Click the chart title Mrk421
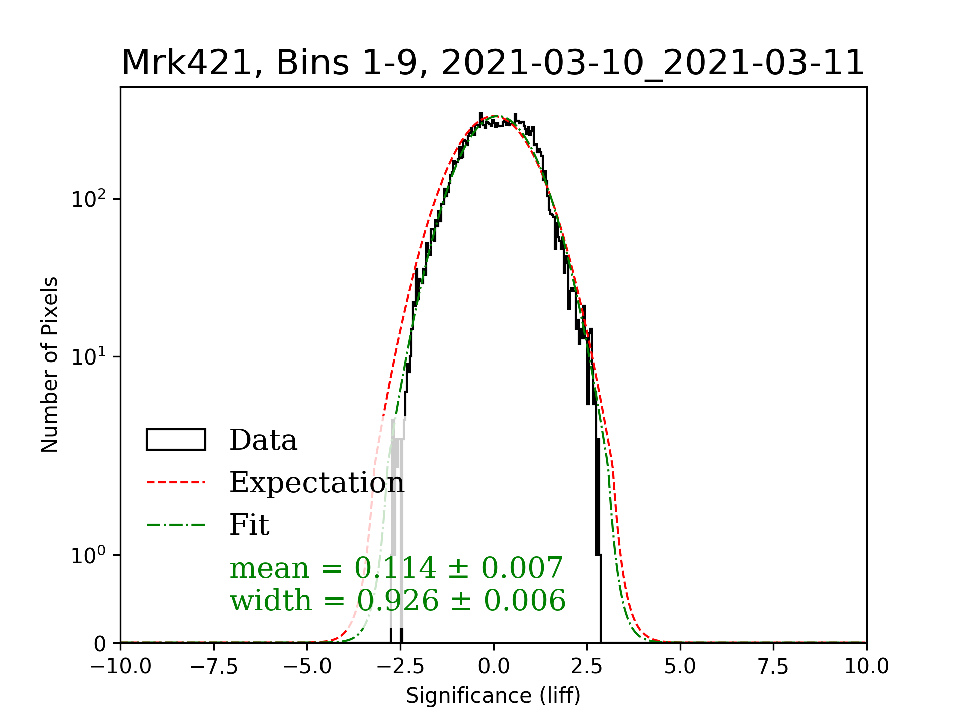[493, 63]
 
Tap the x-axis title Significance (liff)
[493, 696]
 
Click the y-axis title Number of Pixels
[50, 365]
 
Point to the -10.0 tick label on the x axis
[121, 667]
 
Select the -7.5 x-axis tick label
[214, 667]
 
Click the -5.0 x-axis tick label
[307, 667]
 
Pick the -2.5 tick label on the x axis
[400, 667]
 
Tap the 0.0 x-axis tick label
[494, 667]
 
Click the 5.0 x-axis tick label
[680, 667]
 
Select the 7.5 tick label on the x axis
[773, 667]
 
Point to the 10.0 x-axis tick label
[867, 667]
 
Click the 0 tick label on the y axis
[100, 644]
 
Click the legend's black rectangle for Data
[176, 440]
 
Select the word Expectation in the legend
[316, 482]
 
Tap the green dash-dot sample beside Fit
[176, 525]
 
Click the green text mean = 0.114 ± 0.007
[396, 568]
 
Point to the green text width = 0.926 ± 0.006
[397, 600]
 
